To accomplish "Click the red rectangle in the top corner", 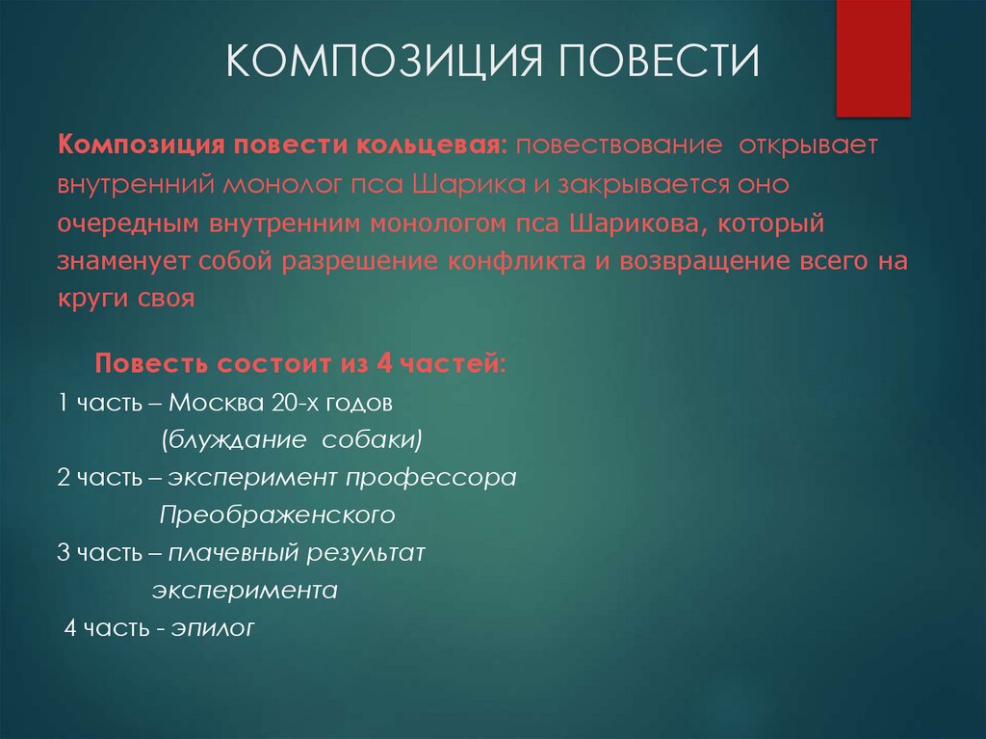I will (x=872, y=58).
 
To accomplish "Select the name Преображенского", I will (x=277, y=515).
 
